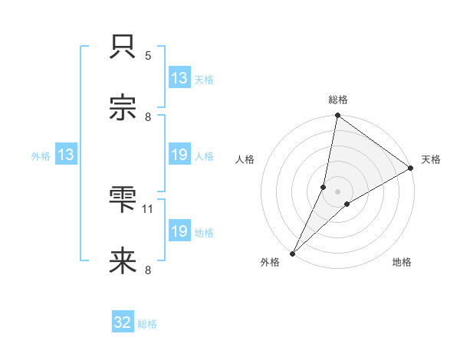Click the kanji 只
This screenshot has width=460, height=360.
pos(123,47)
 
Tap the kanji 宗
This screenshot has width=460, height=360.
pos(123,108)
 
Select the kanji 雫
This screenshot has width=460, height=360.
pos(123,200)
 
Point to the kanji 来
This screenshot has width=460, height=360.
pos(123,261)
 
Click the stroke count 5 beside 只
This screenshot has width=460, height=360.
pos(148,55)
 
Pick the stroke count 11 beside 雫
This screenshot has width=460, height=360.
pos(149,208)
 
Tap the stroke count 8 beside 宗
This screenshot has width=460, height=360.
pos(148,116)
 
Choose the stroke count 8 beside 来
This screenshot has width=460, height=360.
pos(148,270)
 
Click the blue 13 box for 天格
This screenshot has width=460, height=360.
pos(179,78)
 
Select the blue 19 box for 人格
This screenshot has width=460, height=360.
pos(179,155)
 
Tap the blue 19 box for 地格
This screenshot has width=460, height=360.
pos(179,231)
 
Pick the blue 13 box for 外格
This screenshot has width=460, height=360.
pos(66,155)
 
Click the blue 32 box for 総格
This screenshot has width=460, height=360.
pos(123,323)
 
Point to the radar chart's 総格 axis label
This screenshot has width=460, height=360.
pos(338,100)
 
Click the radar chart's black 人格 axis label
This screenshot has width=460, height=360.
pos(245,159)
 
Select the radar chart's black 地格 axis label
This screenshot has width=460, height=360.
pos(402,263)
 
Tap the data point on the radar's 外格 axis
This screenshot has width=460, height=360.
pos(293,253)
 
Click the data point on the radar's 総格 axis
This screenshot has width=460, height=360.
pos(338,116)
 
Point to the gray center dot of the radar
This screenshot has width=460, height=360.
pos(338,191)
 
